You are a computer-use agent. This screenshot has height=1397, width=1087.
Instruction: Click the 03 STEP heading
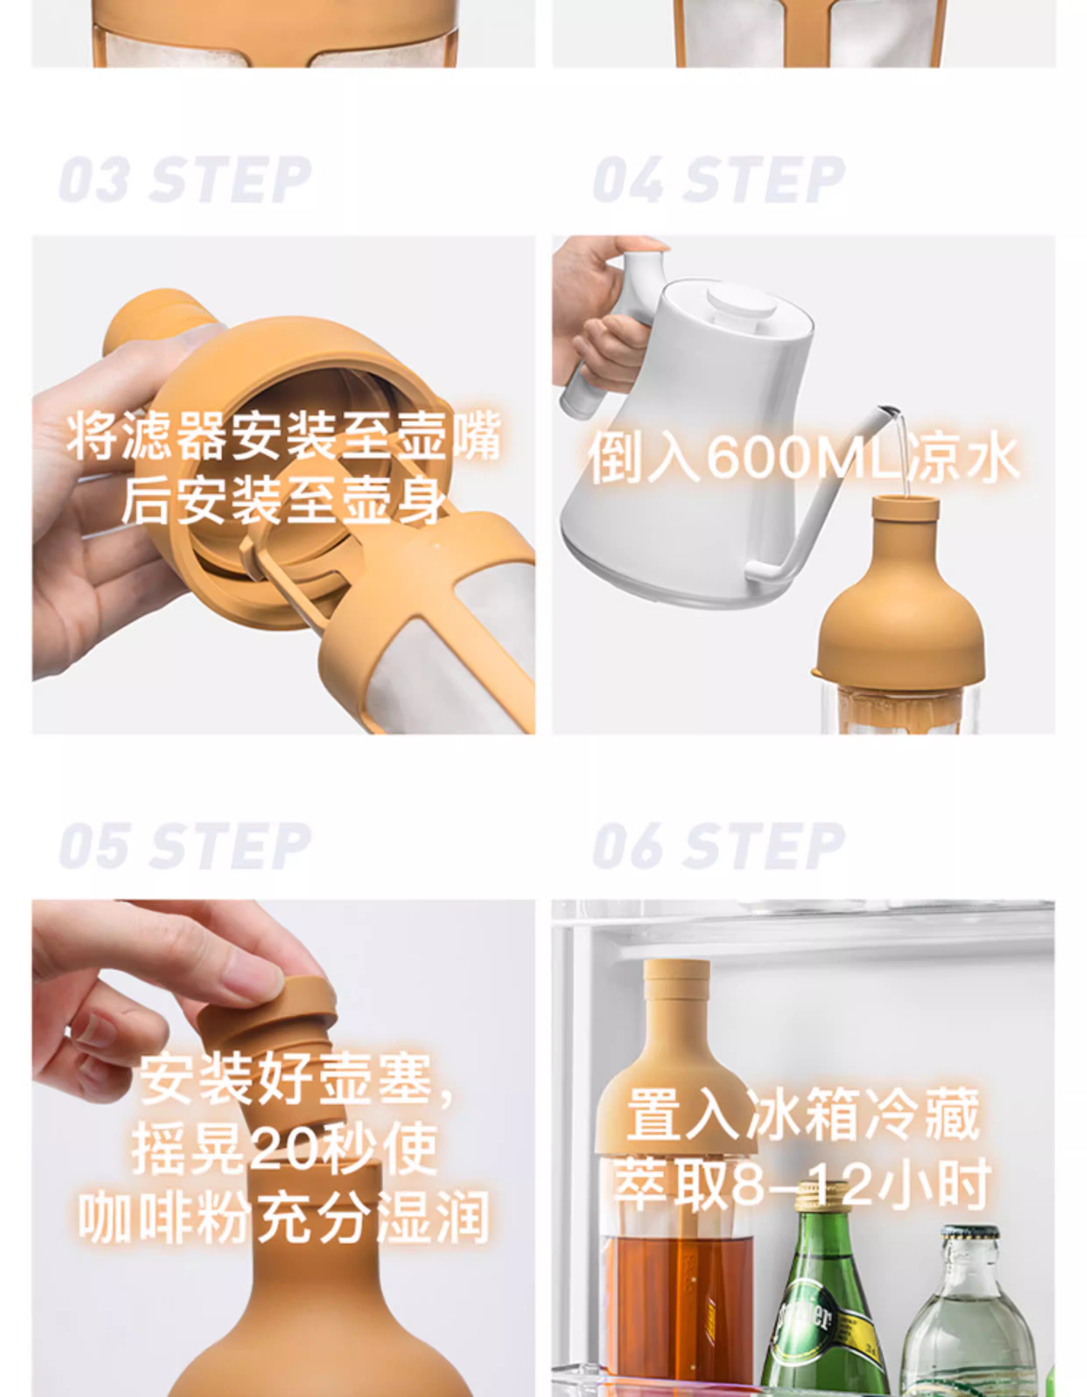pyautogui.click(x=185, y=179)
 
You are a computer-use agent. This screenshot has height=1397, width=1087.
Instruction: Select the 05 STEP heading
pyautogui.click(x=185, y=846)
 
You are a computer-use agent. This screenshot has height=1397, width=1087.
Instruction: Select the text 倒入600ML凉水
pyautogui.click(x=802, y=457)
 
